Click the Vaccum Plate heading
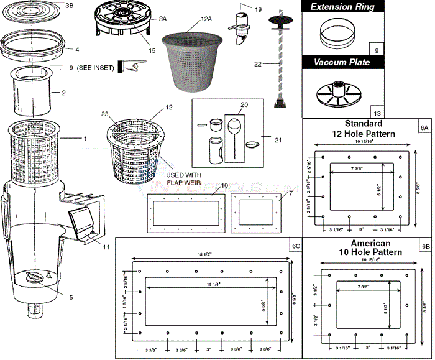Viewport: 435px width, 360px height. pyautogui.click(x=342, y=63)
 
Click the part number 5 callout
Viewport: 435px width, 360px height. pyautogui.click(x=71, y=297)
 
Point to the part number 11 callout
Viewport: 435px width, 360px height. pyautogui.click(x=106, y=247)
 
